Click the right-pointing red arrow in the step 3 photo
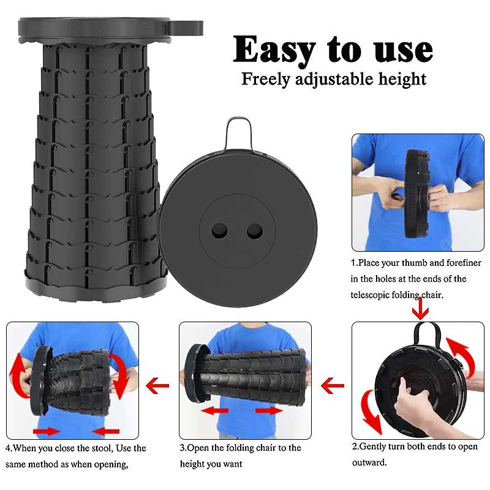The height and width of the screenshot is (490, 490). (269, 411)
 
